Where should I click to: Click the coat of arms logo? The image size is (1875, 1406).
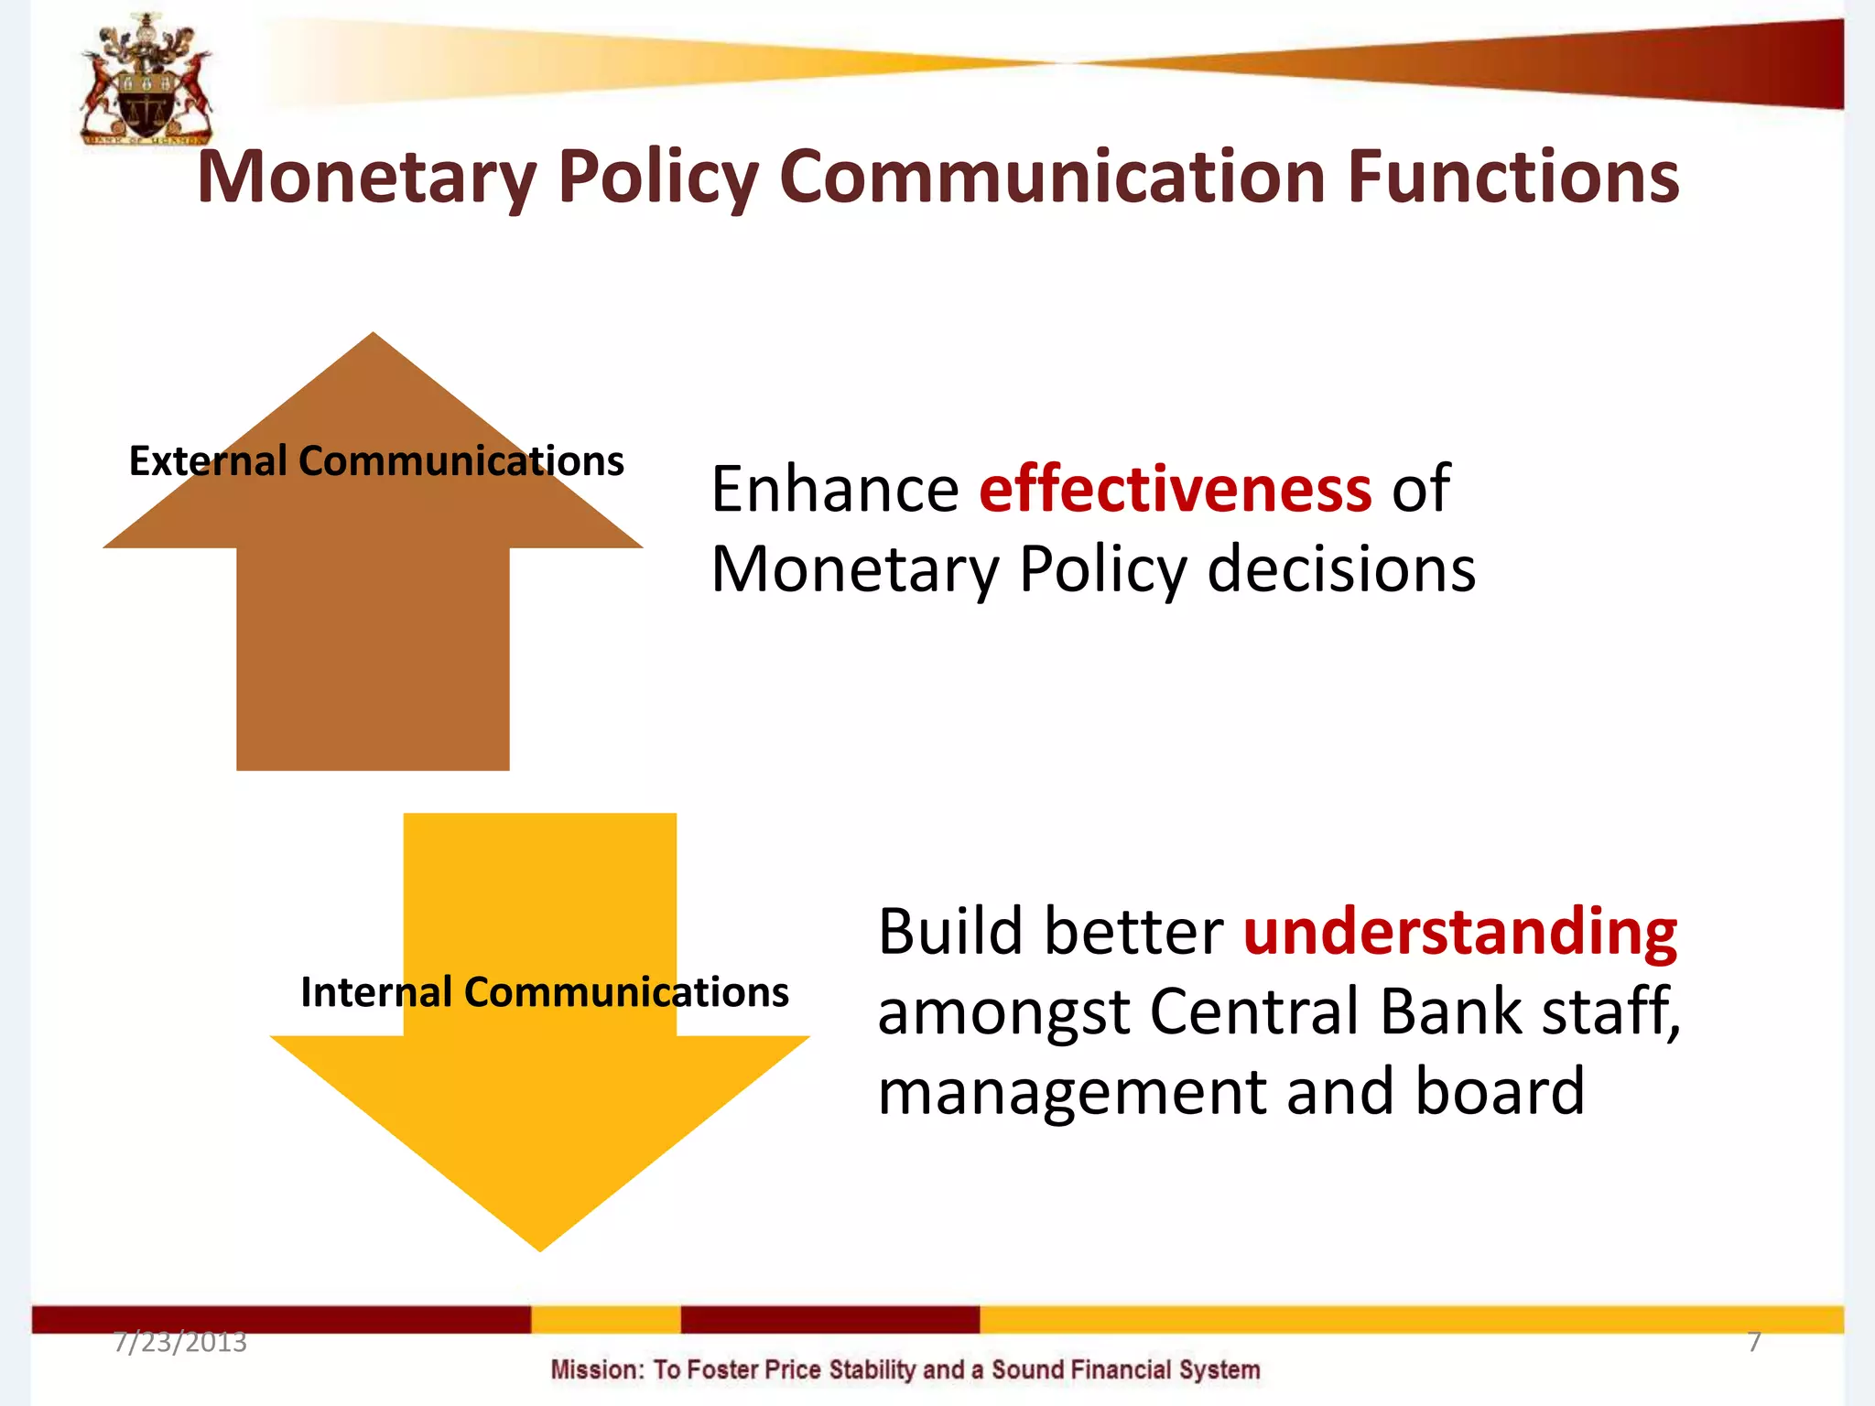(146, 81)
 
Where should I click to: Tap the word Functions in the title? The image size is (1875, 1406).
(1512, 177)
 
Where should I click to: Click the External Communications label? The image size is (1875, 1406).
(376, 460)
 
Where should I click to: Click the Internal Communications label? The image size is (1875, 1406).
(544, 992)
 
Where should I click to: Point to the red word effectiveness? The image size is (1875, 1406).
(1175, 490)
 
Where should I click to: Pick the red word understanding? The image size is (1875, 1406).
(1459, 932)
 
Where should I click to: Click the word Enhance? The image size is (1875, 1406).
(834, 490)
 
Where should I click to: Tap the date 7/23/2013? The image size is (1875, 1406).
(180, 1342)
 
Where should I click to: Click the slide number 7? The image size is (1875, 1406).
(1753, 1342)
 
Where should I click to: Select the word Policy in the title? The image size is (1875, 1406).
(657, 177)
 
